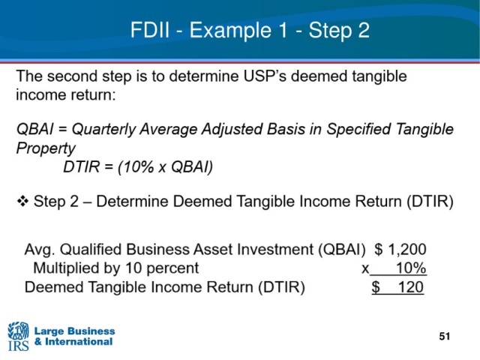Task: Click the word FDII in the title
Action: tap(150, 30)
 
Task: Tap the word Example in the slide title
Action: tap(230, 31)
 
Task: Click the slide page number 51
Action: tap(445, 337)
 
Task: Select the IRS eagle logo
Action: tap(18, 336)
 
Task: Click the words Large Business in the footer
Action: tap(75, 331)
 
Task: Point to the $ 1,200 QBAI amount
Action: tap(400, 249)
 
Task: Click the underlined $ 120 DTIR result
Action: tap(397, 287)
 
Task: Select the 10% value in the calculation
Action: tap(411, 268)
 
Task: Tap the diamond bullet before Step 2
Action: tap(22, 202)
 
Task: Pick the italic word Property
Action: tap(46, 148)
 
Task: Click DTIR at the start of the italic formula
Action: tap(82, 167)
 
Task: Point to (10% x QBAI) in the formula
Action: tap(165, 167)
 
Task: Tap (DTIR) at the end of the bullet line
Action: tap(430, 202)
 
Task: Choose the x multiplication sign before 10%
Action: tap(365, 268)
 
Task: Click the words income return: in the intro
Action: tap(66, 94)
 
